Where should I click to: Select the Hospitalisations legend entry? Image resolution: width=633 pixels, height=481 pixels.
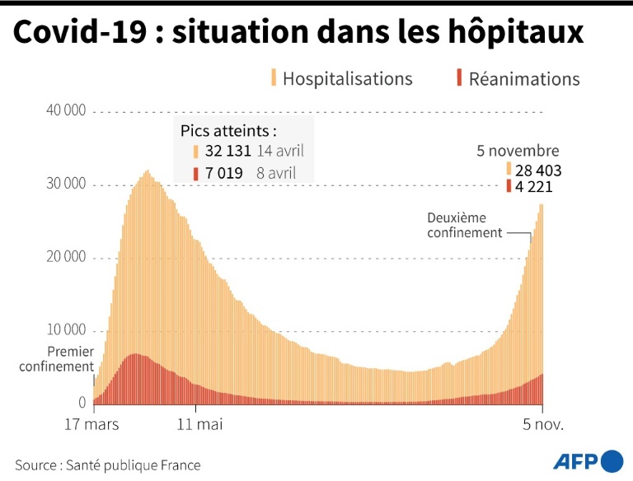click(346, 79)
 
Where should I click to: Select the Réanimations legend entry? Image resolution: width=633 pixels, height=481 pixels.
click(523, 79)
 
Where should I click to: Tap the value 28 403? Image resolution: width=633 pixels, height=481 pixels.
click(537, 170)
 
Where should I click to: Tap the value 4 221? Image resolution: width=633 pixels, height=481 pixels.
click(533, 186)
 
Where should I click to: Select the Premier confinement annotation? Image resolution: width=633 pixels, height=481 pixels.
click(57, 358)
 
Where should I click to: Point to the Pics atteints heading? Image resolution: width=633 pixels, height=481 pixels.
click(229, 130)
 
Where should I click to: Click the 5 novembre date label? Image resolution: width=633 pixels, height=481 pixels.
click(518, 151)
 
